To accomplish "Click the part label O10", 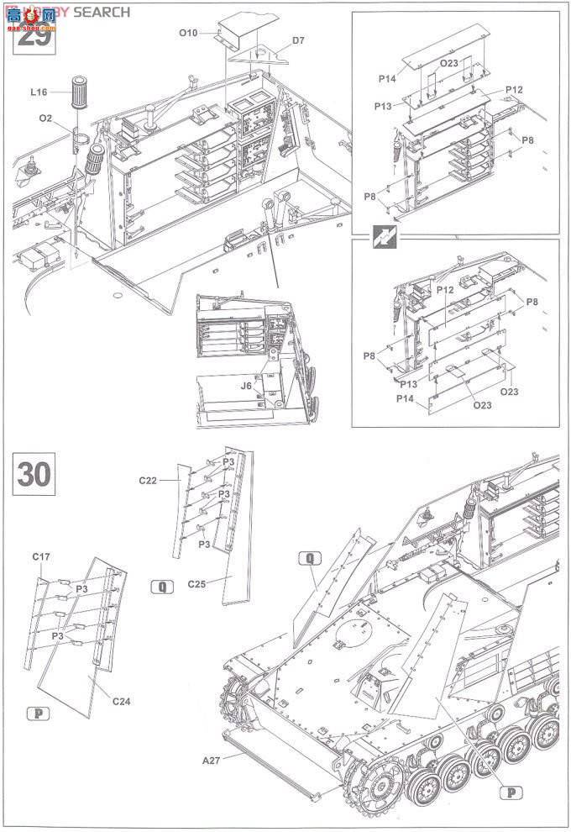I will pos(187,33).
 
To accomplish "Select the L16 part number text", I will pos(38,92).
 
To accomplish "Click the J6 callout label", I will pos(246,386).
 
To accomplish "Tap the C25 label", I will pos(197,582).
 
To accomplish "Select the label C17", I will pos(42,556).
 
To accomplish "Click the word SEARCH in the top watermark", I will pos(102,12).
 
